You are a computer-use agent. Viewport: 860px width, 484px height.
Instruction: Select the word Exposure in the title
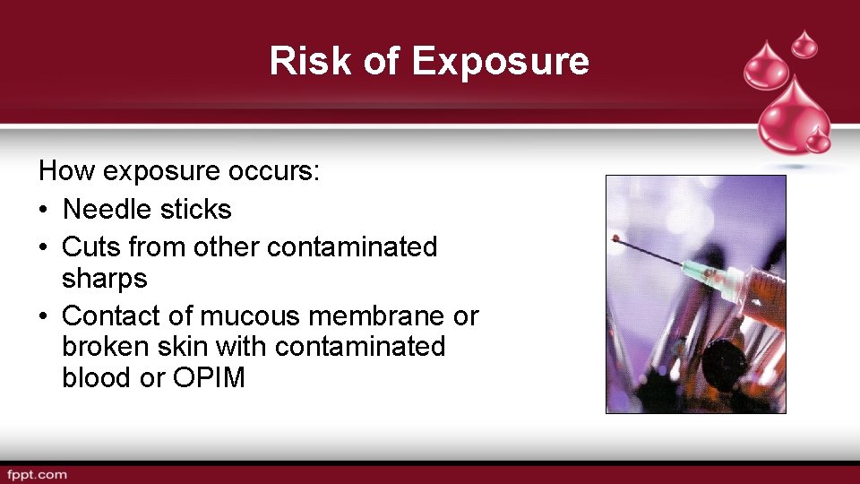(500, 61)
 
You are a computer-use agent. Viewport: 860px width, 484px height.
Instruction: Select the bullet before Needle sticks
(44, 211)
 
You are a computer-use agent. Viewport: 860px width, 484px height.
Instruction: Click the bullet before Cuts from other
(44, 247)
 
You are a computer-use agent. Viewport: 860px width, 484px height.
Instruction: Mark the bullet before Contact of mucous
(44, 316)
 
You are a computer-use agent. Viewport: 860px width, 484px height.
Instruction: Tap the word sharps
(104, 279)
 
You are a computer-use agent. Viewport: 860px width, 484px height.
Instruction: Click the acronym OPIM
(209, 377)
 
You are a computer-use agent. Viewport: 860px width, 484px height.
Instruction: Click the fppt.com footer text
(37, 474)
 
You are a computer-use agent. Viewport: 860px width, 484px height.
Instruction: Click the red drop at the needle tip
(615, 239)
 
